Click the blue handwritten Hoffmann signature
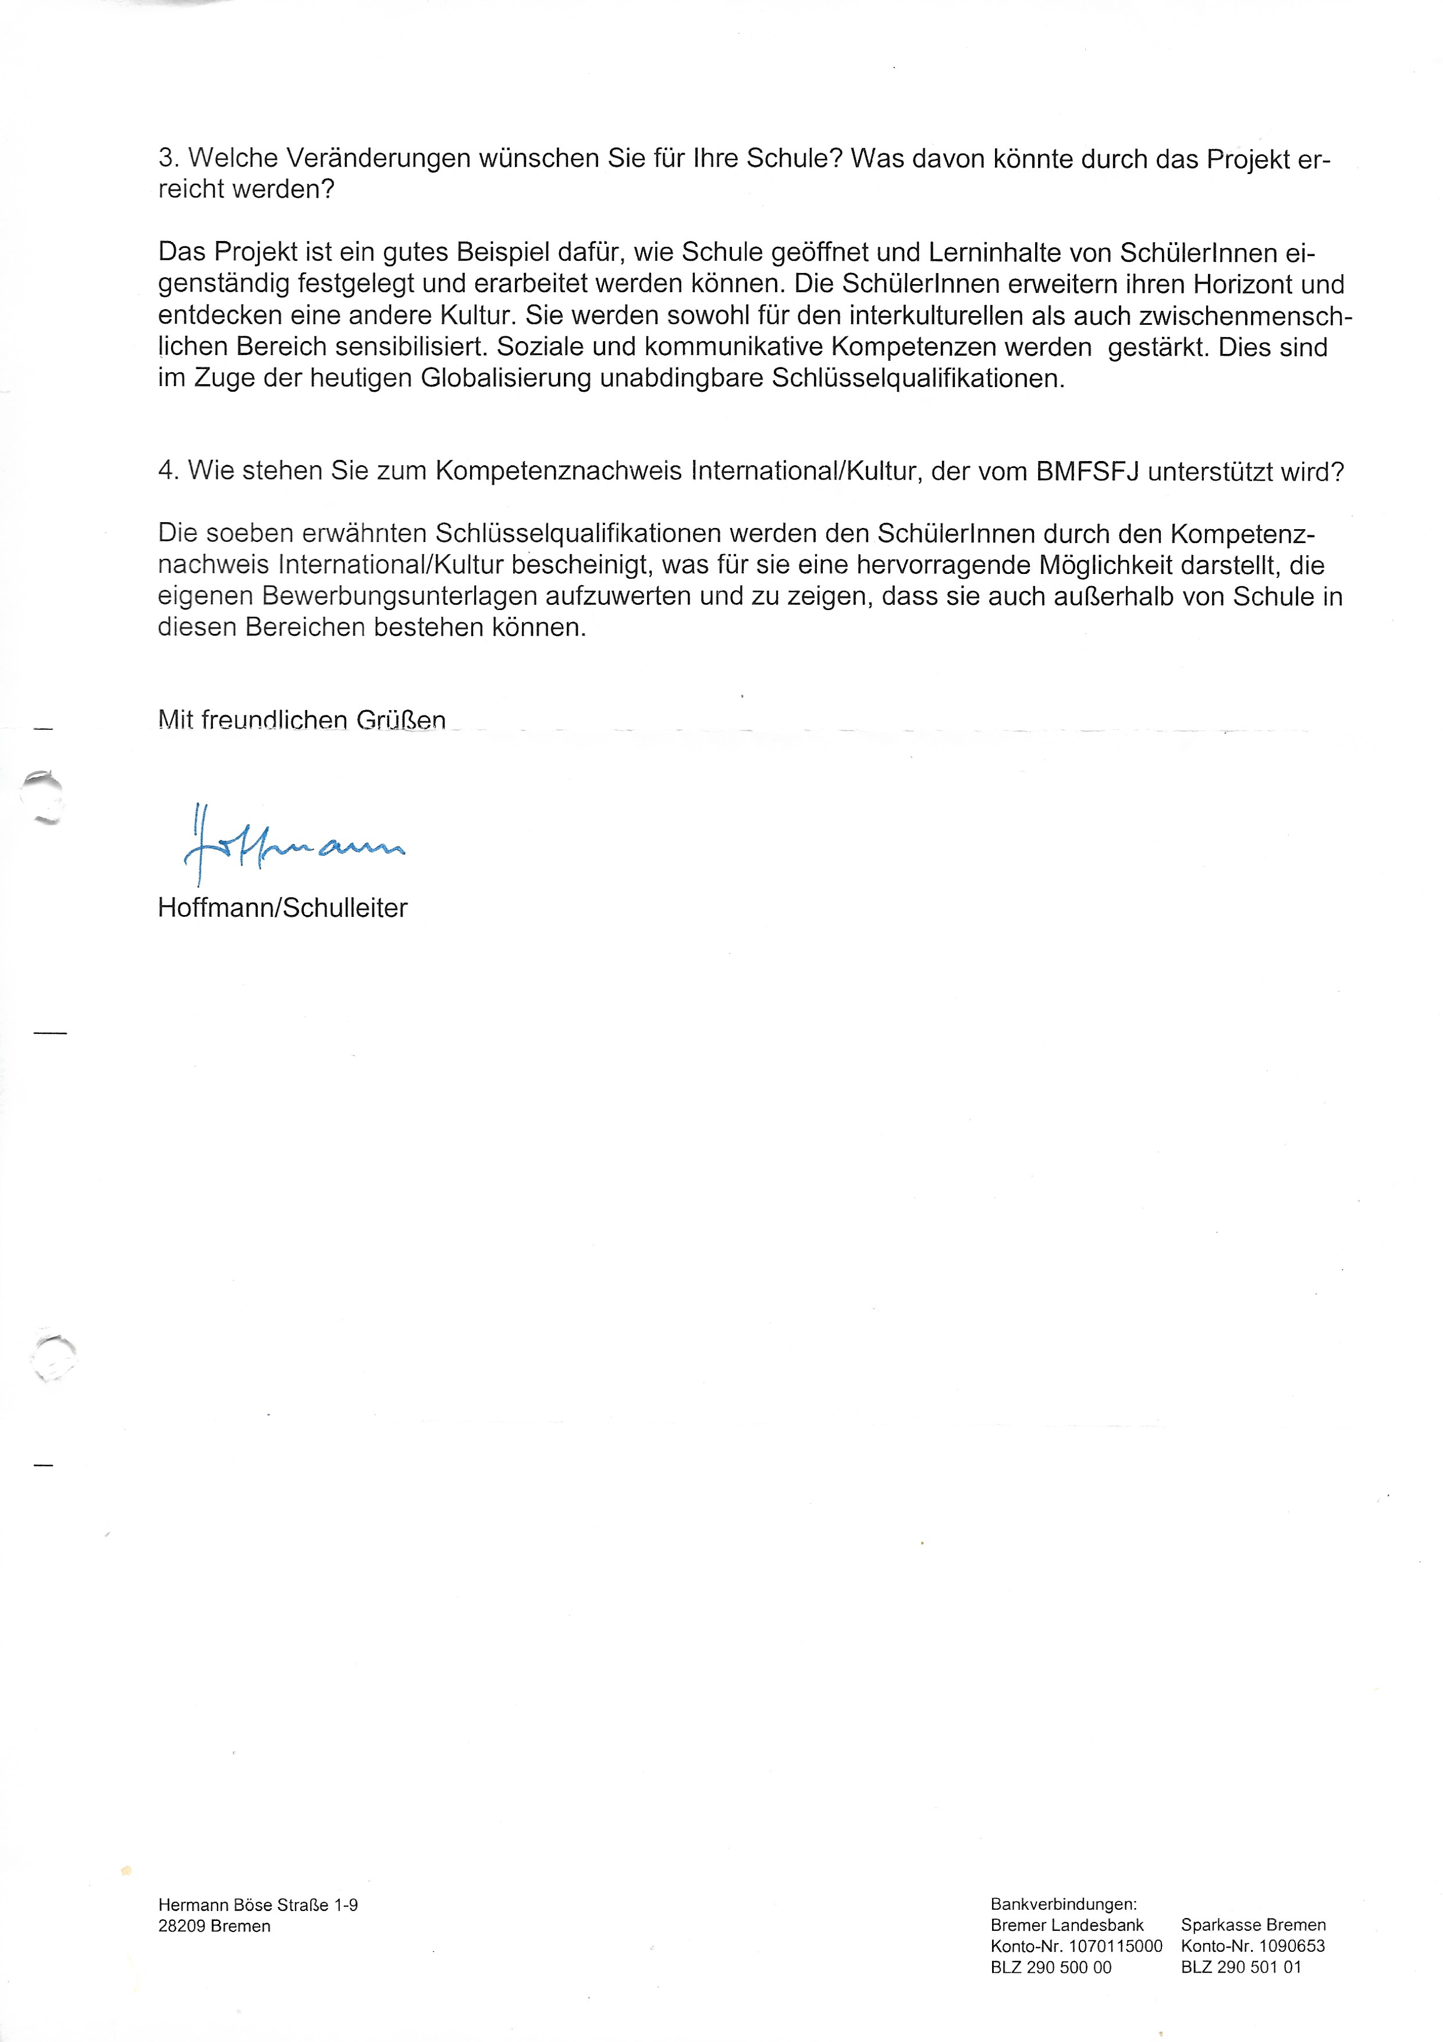293,845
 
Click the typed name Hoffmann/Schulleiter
282,908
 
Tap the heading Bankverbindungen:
1064,1904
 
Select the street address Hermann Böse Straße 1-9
258,1904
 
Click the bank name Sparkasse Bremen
1253,1924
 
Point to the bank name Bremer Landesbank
1067,1924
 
